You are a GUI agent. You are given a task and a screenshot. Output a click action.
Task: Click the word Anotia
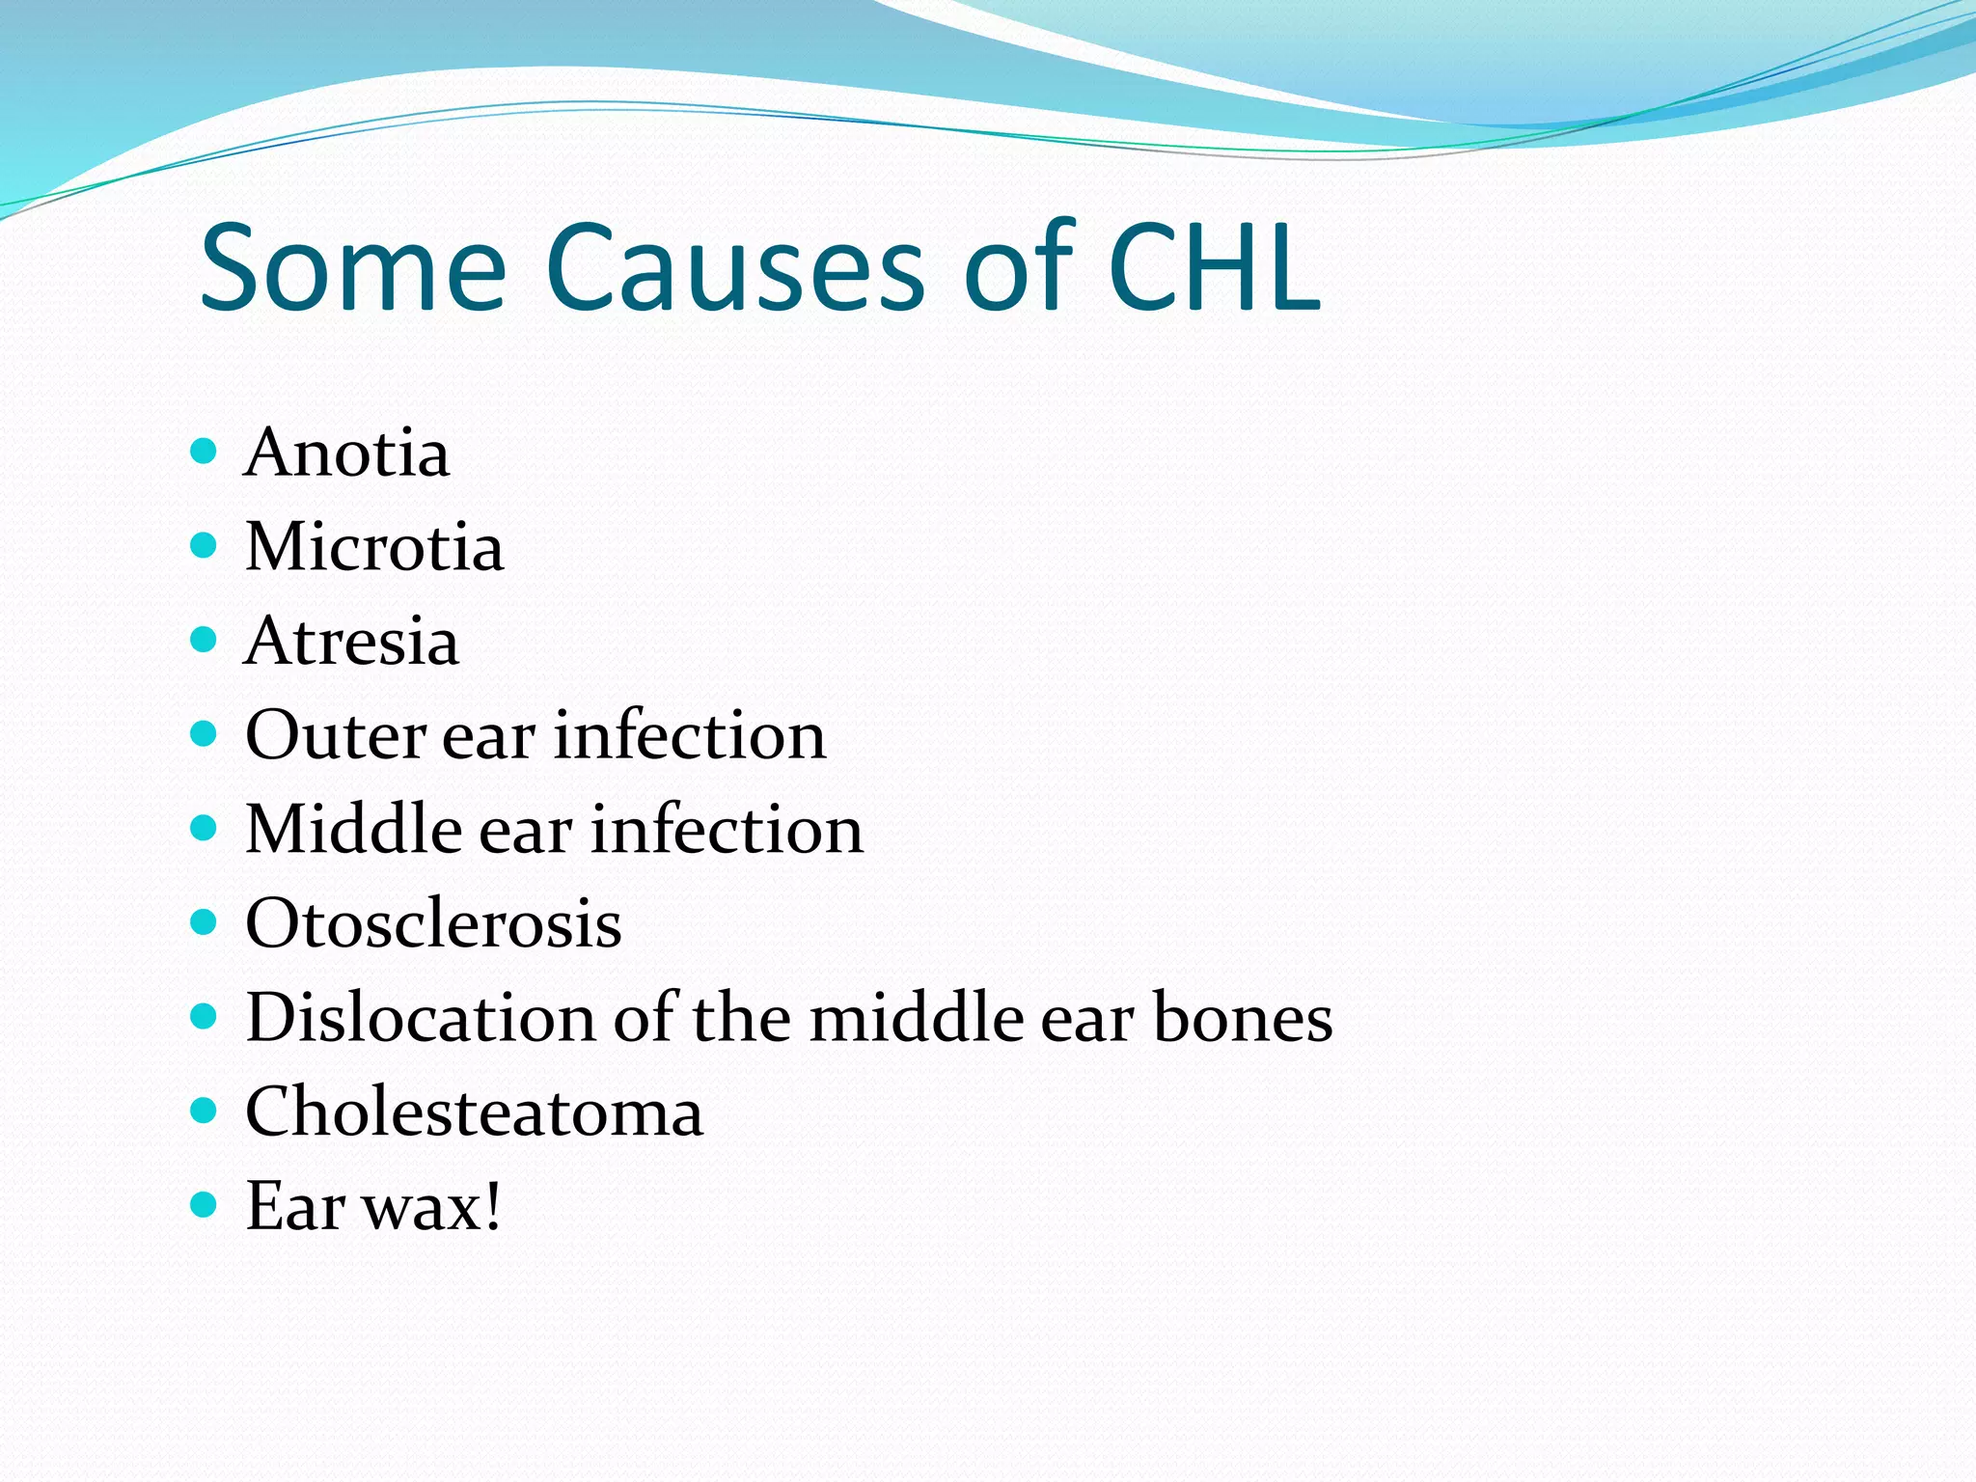pyautogui.click(x=346, y=453)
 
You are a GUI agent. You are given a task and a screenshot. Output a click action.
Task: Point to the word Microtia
pyautogui.click(x=374, y=547)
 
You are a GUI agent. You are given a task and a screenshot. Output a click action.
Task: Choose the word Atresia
pyautogui.click(x=351, y=641)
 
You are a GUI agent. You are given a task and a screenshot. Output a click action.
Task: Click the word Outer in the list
pyautogui.click(x=335, y=735)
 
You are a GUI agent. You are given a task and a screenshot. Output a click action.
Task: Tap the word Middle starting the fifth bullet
pyautogui.click(x=353, y=829)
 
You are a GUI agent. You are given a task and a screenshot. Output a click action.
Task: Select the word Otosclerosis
pyautogui.click(x=433, y=923)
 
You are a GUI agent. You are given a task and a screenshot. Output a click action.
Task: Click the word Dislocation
pyautogui.click(x=421, y=1017)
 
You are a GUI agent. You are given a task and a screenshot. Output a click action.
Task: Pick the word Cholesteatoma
pyautogui.click(x=474, y=1111)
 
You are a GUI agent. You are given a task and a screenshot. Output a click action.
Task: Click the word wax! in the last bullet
pyautogui.click(x=433, y=1206)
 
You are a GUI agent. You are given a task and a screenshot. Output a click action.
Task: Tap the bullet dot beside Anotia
pyautogui.click(x=204, y=452)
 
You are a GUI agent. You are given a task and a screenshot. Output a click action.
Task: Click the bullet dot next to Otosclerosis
pyautogui.click(x=204, y=922)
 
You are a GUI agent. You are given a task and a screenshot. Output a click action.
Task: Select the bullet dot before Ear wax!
pyautogui.click(x=204, y=1205)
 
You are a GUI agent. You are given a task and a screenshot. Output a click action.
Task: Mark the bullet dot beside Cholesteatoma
pyautogui.click(x=204, y=1111)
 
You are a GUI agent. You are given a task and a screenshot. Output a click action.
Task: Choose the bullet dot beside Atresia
pyautogui.click(x=204, y=640)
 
